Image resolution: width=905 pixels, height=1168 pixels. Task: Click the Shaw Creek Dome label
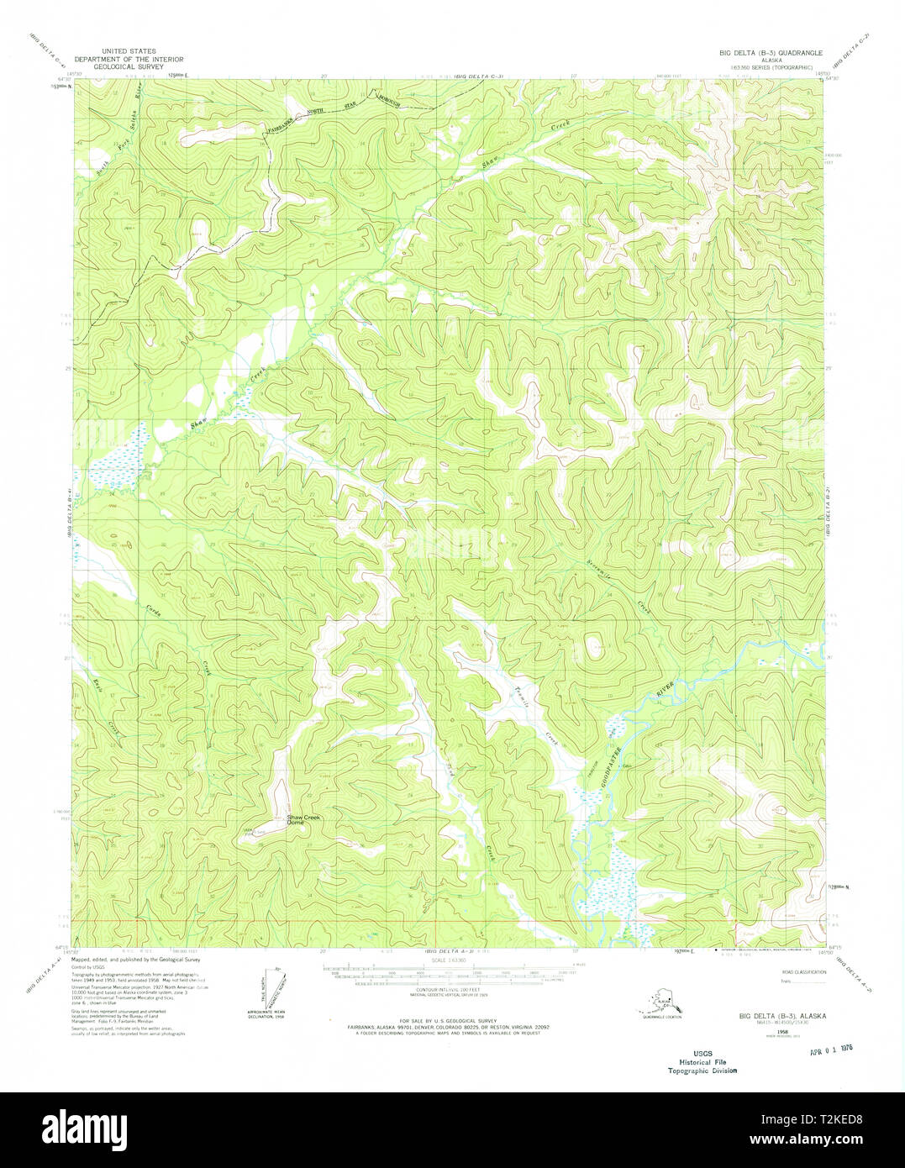[x=303, y=819]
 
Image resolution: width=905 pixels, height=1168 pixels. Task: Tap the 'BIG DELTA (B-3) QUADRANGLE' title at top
[x=770, y=52]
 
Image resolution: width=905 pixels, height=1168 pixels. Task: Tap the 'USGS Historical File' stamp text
[x=702, y=1061]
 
